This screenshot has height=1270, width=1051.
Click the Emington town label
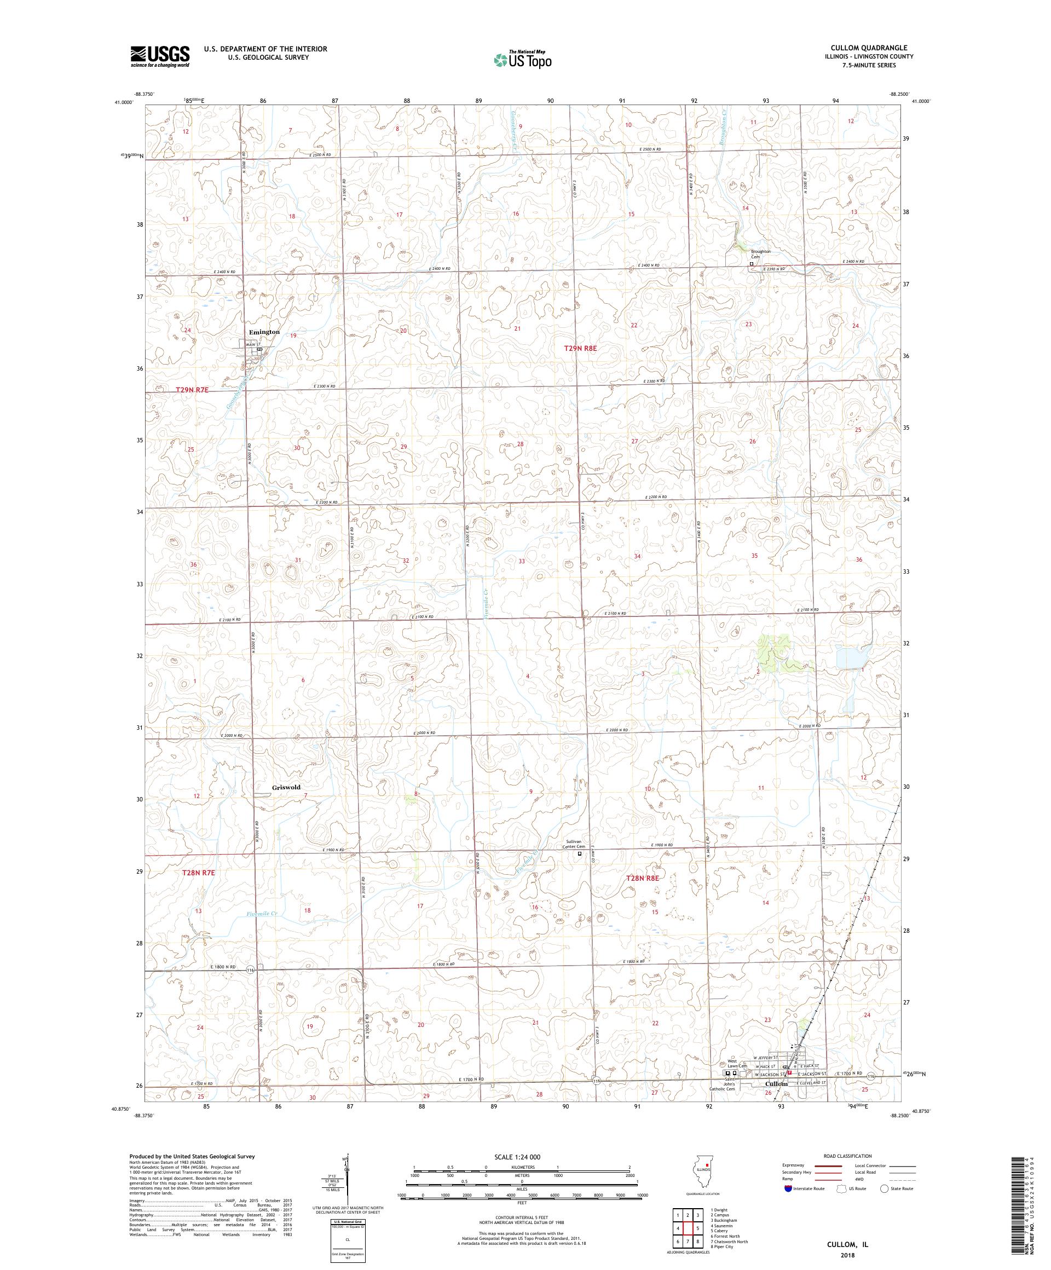[x=264, y=332]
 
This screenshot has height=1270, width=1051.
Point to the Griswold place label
[x=286, y=787]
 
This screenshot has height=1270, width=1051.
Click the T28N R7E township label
[x=198, y=873]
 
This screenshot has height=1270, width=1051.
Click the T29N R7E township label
[x=192, y=390]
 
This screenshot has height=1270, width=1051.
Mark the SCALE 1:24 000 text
[x=522, y=1157]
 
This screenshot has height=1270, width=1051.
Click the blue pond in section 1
[x=851, y=658]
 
